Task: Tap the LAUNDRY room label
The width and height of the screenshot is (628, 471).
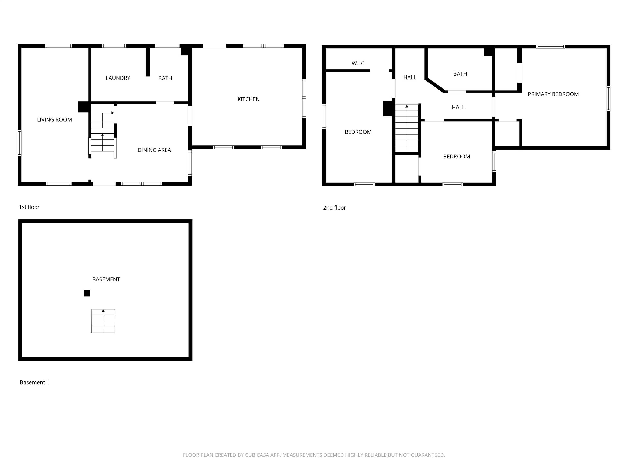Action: pyautogui.click(x=118, y=78)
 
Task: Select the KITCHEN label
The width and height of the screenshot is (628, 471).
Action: pyautogui.click(x=248, y=99)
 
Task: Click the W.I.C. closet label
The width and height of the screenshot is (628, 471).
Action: pyautogui.click(x=359, y=63)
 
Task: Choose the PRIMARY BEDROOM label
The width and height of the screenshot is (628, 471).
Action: pyautogui.click(x=553, y=94)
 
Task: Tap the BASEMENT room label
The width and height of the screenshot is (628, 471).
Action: pyautogui.click(x=106, y=279)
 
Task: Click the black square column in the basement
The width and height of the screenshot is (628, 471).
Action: pyautogui.click(x=87, y=293)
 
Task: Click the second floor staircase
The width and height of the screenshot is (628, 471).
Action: pyautogui.click(x=407, y=128)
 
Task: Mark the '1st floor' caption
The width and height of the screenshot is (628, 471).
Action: pyautogui.click(x=29, y=207)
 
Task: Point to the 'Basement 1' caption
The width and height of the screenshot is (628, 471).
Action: pyautogui.click(x=34, y=382)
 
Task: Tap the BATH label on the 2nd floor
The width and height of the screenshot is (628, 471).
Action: pyautogui.click(x=460, y=74)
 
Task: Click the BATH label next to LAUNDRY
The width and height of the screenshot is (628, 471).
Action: pyautogui.click(x=165, y=78)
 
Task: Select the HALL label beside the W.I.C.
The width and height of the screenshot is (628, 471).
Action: pyautogui.click(x=410, y=77)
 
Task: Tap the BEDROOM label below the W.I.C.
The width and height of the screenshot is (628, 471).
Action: pyautogui.click(x=358, y=132)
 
